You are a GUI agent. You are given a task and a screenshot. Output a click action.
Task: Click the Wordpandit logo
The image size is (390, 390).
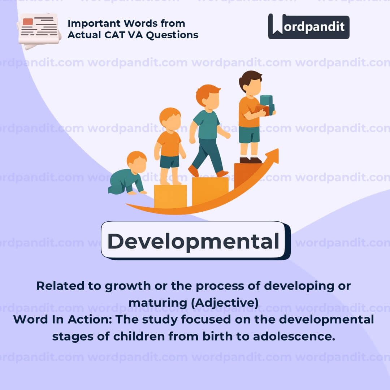309,26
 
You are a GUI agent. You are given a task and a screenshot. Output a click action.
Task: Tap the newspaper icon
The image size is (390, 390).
39,31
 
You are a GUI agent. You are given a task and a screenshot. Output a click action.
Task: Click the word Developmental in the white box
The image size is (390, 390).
193,241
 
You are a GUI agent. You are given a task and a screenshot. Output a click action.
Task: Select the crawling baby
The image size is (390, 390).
127,173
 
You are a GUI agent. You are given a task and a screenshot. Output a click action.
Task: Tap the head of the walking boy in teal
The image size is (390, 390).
208,97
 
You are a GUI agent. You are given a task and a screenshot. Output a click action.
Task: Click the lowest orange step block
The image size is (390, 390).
170,196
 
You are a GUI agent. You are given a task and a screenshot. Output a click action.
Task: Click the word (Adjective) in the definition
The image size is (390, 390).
225,303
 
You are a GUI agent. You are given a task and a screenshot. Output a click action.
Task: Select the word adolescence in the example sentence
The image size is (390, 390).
294,337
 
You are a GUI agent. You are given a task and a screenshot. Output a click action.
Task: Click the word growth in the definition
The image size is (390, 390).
127,286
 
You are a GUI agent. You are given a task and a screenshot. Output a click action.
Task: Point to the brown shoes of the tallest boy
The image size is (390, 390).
251,160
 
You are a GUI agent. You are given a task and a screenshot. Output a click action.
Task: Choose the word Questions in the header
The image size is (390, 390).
172,35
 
